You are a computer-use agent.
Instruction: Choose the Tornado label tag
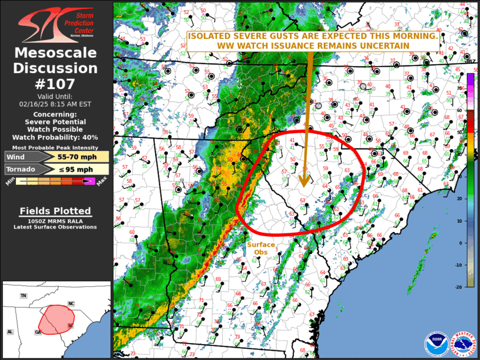(21, 170)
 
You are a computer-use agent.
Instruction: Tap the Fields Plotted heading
(55, 210)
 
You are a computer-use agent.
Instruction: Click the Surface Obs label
(260, 248)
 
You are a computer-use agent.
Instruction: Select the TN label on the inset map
(24, 295)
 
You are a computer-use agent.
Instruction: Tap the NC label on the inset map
(71, 303)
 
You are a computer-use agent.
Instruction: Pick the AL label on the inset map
(10, 332)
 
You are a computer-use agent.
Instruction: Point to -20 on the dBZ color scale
(458, 287)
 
